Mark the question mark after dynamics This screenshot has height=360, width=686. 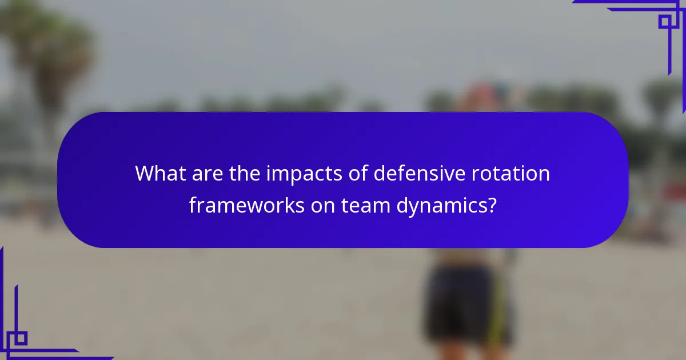pos(490,205)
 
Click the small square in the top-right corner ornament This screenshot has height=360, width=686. pos(665,22)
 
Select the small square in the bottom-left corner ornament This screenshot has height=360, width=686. pos(21,338)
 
